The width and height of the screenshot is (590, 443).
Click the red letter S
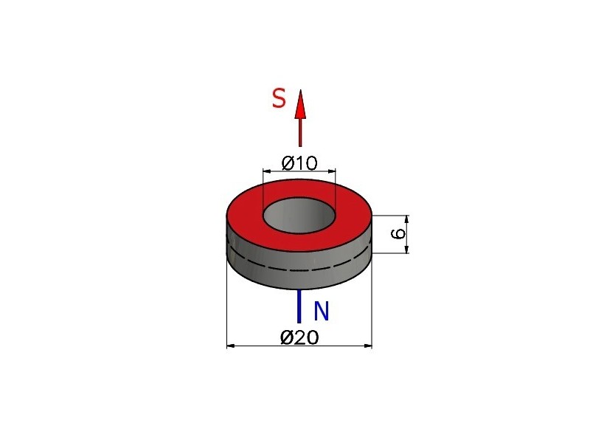point(279,99)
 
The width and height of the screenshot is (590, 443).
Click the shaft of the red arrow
point(300,132)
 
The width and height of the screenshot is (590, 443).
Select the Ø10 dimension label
point(299,163)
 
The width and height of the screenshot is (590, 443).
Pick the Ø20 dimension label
point(299,337)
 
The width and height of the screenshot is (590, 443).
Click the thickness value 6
point(398,233)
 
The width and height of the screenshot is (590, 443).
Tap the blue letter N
point(322,311)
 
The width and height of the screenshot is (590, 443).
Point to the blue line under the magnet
point(299,306)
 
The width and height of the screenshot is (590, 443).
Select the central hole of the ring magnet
point(299,215)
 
